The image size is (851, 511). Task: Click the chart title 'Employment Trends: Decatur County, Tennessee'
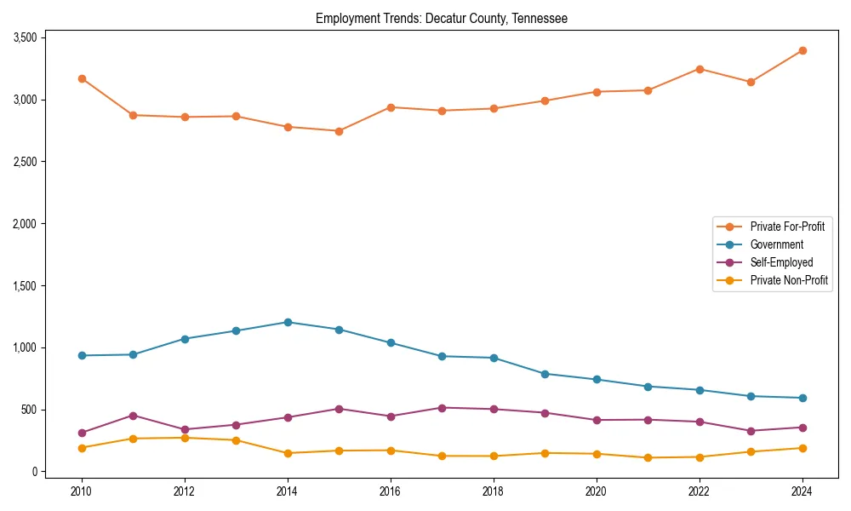pyautogui.click(x=441, y=18)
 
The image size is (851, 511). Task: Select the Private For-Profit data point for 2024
pyautogui.click(x=802, y=51)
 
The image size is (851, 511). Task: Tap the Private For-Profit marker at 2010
pyautogui.click(x=82, y=78)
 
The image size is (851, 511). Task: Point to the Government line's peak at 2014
pyautogui.click(x=288, y=322)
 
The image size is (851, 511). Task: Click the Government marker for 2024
pyautogui.click(x=802, y=398)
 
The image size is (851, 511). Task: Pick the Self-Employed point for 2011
pyautogui.click(x=134, y=416)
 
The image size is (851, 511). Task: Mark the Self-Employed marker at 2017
pyautogui.click(x=442, y=408)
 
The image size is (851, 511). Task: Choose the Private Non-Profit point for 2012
pyautogui.click(x=185, y=438)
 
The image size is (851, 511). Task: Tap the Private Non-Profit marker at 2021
pyautogui.click(x=648, y=458)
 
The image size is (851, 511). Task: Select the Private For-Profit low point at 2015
pyautogui.click(x=339, y=131)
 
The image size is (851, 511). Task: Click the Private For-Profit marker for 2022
pyautogui.click(x=700, y=69)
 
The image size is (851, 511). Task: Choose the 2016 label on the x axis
pyautogui.click(x=391, y=491)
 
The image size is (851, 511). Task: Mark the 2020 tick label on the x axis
pyautogui.click(x=597, y=491)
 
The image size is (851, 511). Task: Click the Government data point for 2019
pyautogui.click(x=545, y=374)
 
